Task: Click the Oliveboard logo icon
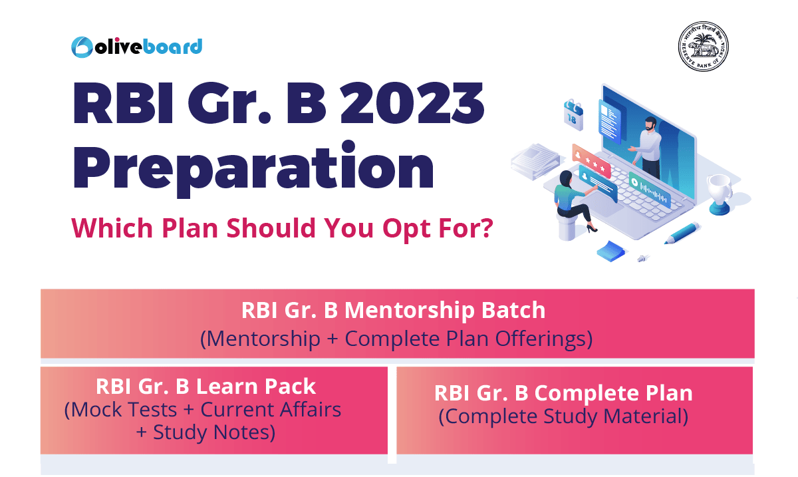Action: (82, 47)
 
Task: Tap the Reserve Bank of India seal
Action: (703, 47)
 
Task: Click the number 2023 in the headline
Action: (412, 103)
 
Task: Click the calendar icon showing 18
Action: (573, 115)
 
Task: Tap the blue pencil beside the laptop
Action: (682, 233)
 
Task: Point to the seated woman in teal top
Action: (573, 201)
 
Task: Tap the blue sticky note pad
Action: (611, 251)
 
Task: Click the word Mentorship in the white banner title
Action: (410, 310)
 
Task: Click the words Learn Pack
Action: (256, 387)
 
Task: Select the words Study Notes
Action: (214, 432)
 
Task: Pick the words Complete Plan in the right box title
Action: (613, 393)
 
